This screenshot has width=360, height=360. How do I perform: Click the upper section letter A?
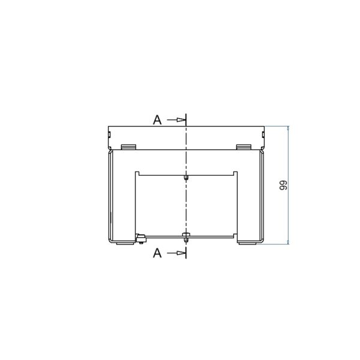tap(157, 120)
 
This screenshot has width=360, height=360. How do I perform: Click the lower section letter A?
tap(157, 253)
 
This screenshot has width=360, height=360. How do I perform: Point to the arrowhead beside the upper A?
tap(181, 119)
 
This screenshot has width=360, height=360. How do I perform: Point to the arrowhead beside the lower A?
tap(181, 253)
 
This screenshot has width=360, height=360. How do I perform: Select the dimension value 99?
tap(283, 185)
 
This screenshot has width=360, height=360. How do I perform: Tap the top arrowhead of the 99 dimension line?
tap(289, 128)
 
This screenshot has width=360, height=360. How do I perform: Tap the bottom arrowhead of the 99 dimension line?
tap(289, 242)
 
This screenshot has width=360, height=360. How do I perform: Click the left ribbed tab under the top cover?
tap(128, 147)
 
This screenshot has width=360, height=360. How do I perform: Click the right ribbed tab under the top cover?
tap(244, 147)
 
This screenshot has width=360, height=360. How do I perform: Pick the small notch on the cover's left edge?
tap(110, 134)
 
